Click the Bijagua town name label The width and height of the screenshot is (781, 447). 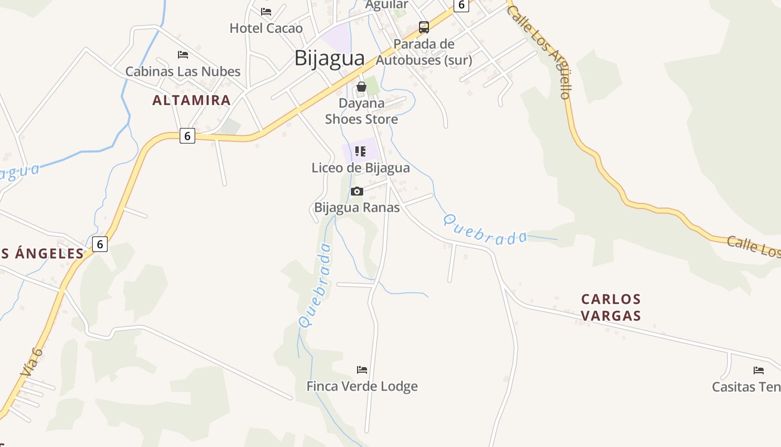tap(329, 58)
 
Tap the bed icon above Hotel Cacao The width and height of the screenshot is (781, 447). tap(266, 11)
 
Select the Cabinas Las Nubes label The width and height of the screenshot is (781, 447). tap(182, 72)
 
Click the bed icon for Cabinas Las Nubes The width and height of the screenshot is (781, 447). tap(182, 55)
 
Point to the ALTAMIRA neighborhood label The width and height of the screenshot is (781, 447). tap(191, 101)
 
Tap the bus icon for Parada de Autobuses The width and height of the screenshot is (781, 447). tap(424, 27)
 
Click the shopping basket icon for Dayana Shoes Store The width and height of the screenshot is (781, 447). tap(361, 87)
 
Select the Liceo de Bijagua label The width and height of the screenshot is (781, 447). tap(360, 168)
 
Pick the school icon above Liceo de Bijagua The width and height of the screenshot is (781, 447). tap(360, 151)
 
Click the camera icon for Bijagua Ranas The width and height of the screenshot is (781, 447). tap(356, 191)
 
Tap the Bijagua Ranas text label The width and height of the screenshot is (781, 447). tap(357, 208)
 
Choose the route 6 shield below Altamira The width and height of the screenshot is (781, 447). tap(187, 136)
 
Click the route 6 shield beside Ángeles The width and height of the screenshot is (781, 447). tap(99, 244)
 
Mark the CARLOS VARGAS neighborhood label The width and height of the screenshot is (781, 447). tap(611, 307)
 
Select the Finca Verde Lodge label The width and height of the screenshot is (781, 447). tap(362, 386)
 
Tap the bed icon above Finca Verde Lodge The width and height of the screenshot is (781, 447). tap(362, 369)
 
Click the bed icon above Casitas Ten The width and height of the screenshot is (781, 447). tap(758, 370)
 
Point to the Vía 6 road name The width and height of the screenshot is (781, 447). tap(31, 362)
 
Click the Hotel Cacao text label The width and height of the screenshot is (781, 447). tap(266, 28)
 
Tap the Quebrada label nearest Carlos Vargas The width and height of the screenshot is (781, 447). tap(485, 230)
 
